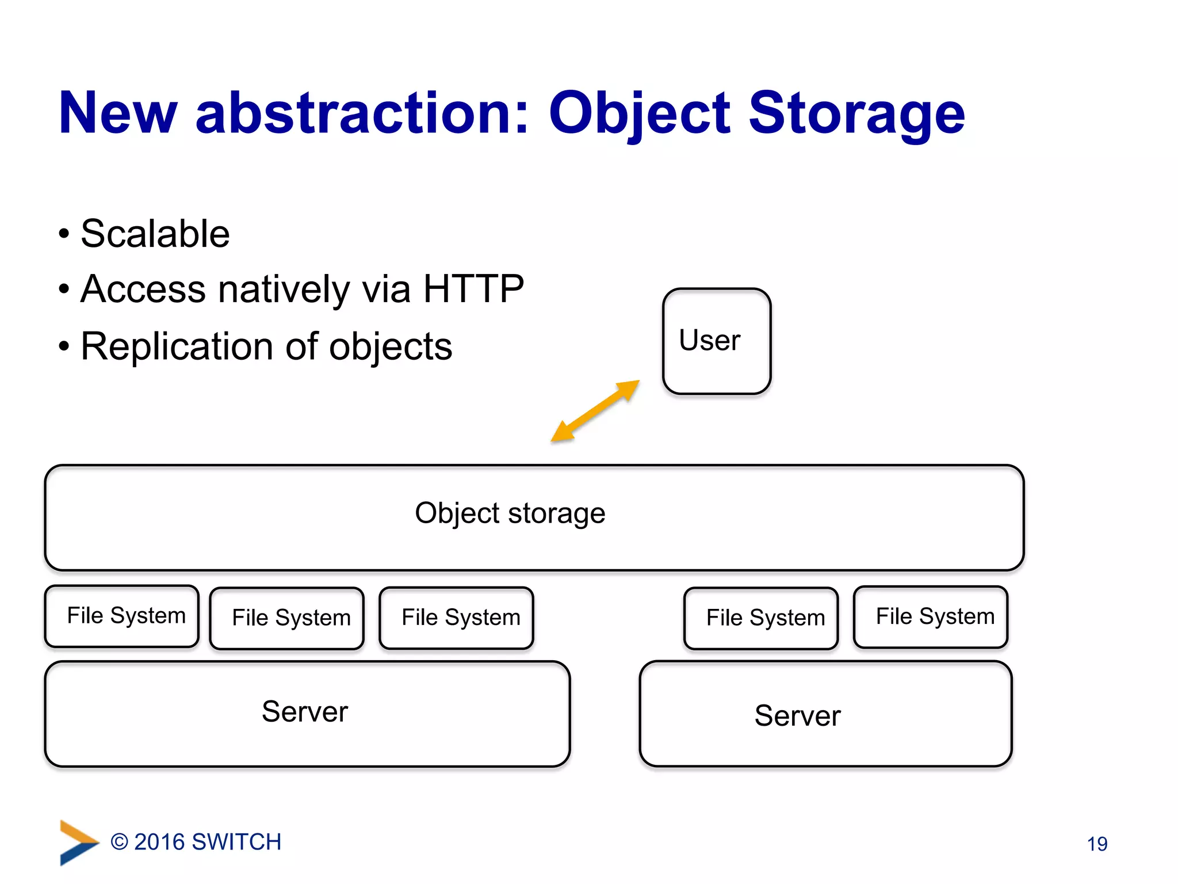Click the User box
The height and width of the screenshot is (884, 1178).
[716, 341]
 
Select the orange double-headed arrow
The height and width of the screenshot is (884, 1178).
[595, 411]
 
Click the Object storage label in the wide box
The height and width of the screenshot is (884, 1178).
[510, 513]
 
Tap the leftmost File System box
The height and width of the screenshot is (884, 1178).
[122, 616]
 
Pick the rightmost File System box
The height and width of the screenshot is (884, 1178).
[930, 616]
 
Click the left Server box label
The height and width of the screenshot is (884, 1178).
[305, 712]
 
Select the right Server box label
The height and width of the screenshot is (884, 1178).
[797, 716]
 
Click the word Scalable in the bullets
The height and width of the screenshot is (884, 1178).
[155, 234]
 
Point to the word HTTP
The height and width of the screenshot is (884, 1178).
[473, 288]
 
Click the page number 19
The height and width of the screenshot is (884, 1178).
[1097, 844]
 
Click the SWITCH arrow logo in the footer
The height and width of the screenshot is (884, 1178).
[78, 842]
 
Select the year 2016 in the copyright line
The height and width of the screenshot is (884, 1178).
[159, 842]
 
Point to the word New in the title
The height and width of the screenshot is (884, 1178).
[118, 113]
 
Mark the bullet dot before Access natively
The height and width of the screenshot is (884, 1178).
[64, 289]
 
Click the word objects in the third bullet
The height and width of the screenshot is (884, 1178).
[390, 346]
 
